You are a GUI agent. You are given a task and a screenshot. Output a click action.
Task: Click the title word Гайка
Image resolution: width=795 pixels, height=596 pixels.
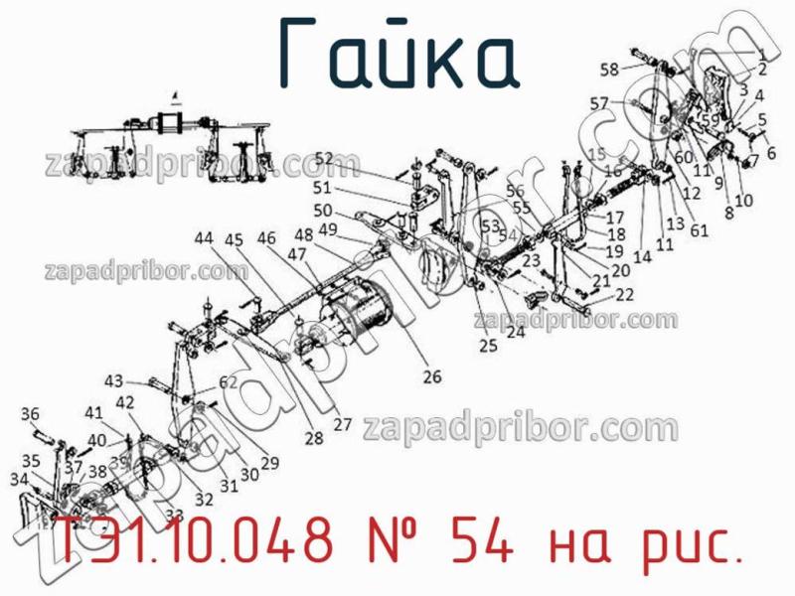click(397, 55)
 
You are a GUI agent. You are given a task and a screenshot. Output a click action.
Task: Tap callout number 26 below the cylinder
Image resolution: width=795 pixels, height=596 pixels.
click(431, 376)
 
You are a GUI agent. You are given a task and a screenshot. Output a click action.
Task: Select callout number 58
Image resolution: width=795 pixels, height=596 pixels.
click(609, 69)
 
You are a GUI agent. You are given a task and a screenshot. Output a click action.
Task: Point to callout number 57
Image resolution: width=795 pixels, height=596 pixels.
click(598, 103)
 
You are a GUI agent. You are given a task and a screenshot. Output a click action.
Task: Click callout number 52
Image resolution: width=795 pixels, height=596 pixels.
click(324, 158)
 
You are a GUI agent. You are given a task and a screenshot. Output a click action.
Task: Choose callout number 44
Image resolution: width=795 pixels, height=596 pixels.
click(203, 238)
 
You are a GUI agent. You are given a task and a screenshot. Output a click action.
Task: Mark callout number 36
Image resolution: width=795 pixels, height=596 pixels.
click(30, 414)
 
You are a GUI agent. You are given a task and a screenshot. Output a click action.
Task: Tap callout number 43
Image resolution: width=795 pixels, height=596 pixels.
click(114, 381)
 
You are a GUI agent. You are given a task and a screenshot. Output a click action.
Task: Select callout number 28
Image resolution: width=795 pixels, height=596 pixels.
click(314, 438)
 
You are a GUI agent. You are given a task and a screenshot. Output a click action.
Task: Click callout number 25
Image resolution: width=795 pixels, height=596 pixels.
click(487, 346)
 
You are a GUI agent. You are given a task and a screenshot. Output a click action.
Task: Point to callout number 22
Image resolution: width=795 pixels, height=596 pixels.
click(624, 295)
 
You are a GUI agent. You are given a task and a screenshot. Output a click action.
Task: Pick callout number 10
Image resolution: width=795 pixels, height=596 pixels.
click(743, 200)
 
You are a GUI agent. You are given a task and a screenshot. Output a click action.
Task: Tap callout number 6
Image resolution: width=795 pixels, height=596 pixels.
click(770, 153)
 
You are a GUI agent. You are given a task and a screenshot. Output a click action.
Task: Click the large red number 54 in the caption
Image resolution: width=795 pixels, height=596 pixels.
click(482, 543)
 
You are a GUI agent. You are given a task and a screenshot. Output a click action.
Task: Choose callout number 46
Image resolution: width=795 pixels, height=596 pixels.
click(266, 238)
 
